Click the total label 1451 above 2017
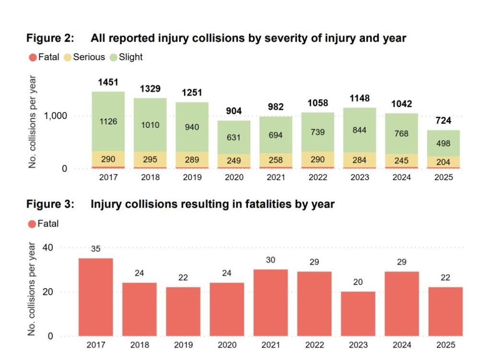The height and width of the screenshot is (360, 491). [x=108, y=82]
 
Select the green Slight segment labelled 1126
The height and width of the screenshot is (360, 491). [x=108, y=122]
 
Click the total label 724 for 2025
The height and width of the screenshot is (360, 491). [x=443, y=120]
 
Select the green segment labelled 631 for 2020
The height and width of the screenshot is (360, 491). [x=234, y=137]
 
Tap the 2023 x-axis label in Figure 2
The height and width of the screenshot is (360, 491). [x=360, y=177]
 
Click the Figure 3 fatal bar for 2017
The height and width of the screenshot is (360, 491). [x=96, y=297]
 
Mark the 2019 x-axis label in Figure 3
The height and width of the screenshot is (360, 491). [x=183, y=345]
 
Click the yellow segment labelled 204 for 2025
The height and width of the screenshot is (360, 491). [x=444, y=162]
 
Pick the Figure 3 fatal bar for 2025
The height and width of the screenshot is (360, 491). [x=445, y=311]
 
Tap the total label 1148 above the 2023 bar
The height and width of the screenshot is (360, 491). [x=359, y=98]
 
